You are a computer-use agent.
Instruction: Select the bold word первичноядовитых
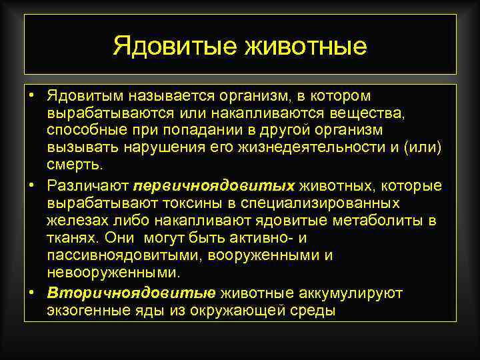pyautogui.click(x=214, y=185)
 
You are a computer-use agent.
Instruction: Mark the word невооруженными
pyautogui.click(x=113, y=272)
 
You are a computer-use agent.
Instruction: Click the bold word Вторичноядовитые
pyautogui.click(x=131, y=293)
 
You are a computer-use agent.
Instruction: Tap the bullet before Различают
pyautogui.click(x=31, y=183)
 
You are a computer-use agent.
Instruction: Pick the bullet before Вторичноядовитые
pyautogui.click(x=31, y=291)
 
